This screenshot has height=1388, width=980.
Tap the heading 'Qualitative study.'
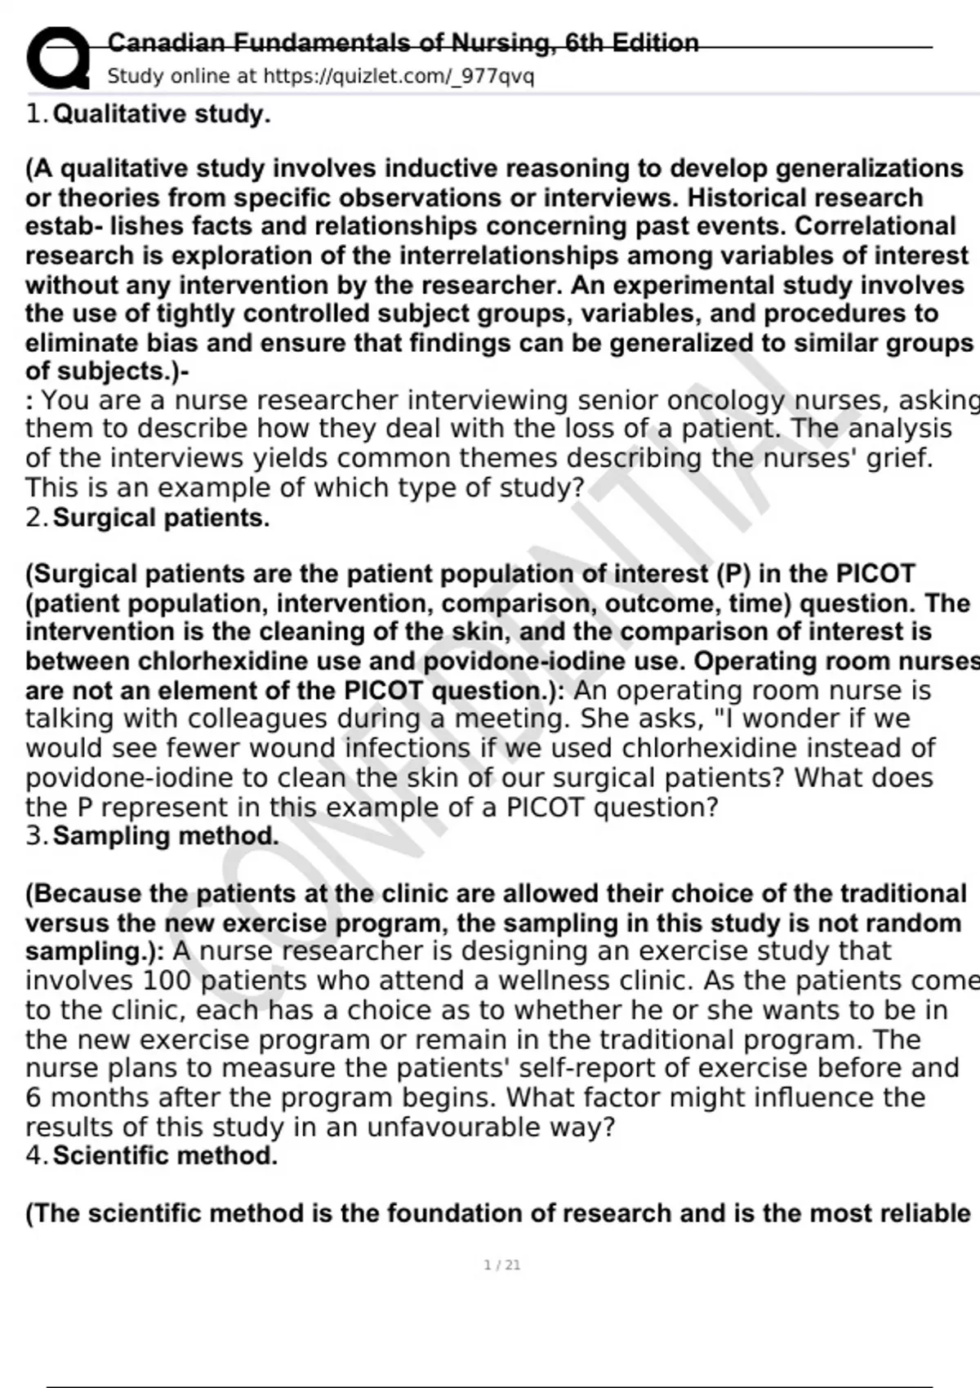click(161, 113)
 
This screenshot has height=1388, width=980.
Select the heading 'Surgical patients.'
click(161, 518)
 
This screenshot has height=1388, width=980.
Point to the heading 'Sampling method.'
click(166, 836)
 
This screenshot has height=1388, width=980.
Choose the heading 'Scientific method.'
click(165, 1155)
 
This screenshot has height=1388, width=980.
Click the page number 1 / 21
click(501, 1265)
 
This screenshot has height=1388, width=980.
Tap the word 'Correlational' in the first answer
click(875, 226)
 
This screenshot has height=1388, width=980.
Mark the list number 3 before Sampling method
click(33, 836)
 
